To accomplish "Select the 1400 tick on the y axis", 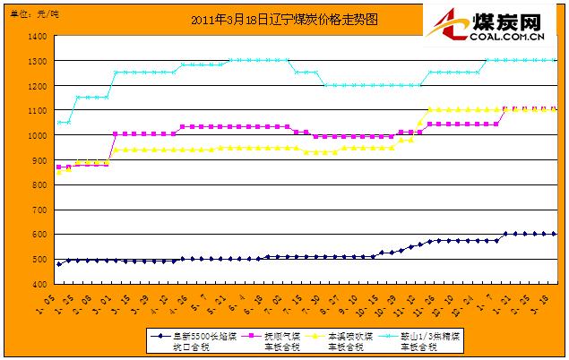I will pos(37,37).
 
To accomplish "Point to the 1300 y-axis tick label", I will pos(37,62).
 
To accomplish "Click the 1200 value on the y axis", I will pos(37,86).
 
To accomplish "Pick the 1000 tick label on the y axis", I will pos(37,136).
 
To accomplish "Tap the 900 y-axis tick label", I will pos(39,160).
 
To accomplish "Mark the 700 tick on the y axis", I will pos(39,210).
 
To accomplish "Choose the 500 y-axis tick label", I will pos(39,260).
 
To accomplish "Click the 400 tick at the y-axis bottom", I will pos(39,284).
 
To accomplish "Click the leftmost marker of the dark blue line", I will pos(59,264).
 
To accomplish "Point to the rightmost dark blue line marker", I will pos(554,234).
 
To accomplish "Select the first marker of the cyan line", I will pos(59,123).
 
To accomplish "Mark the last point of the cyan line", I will pos(554,61).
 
